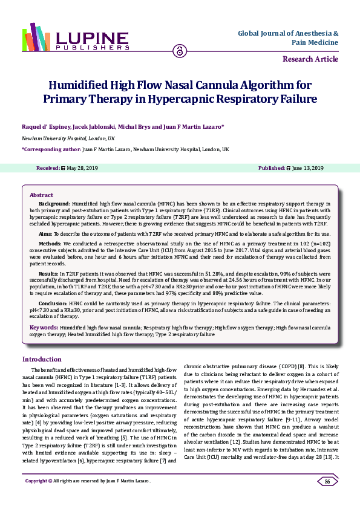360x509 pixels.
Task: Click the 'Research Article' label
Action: pos(310,59)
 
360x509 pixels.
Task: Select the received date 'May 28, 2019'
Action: pos(83,167)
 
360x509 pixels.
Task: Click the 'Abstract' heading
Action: pos(41,195)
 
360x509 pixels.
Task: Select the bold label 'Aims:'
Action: pos(45,232)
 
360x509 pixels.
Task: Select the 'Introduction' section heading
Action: pos(42,358)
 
